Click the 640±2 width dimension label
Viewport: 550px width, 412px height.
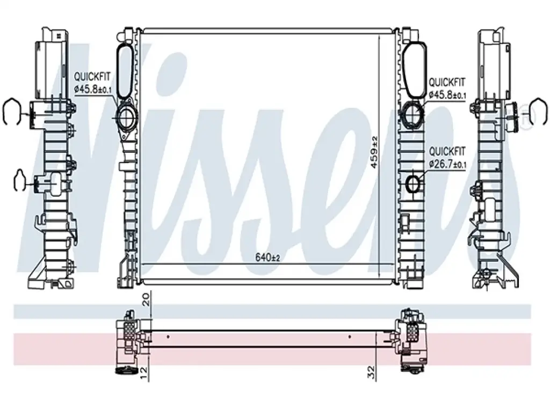click(x=267, y=258)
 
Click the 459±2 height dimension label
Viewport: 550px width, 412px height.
click(x=374, y=152)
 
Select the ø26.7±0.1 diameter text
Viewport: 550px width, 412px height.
click(x=448, y=164)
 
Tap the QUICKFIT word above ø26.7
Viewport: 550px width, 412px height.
click(x=447, y=152)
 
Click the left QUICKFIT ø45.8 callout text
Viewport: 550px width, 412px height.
click(x=92, y=83)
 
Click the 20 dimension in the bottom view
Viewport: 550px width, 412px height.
click(x=146, y=299)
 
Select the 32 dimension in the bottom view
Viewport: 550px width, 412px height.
click(x=371, y=371)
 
